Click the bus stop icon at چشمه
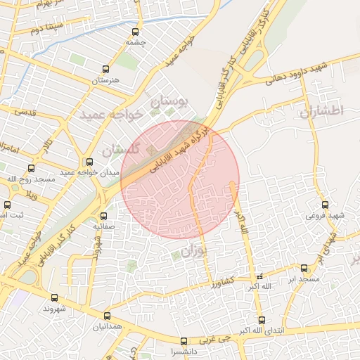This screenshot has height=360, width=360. click(x=136, y=31)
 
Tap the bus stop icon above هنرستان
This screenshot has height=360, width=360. click(x=106, y=69)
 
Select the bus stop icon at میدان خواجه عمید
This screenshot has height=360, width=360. click(x=89, y=162)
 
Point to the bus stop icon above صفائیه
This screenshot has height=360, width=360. click(x=104, y=216)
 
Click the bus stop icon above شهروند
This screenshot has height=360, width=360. click(x=55, y=297)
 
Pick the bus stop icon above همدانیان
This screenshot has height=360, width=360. click(x=107, y=316)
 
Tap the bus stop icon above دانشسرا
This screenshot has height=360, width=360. click(x=184, y=341)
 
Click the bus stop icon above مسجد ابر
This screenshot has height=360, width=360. click(x=304, y=268)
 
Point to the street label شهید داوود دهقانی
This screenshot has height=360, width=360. click(x=297, y=72)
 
